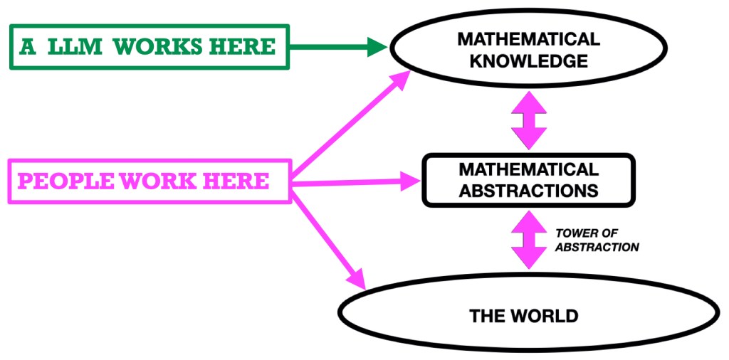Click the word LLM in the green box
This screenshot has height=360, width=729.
(79, 47)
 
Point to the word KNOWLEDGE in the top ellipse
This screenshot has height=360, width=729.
(528, 61)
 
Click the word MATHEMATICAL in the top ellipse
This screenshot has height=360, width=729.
(528, 40)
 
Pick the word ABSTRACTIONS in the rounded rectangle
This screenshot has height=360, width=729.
(528, 191)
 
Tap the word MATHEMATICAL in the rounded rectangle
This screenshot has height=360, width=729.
(528, 170)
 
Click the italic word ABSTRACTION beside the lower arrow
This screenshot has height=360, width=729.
(597, 247)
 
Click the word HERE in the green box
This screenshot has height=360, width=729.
(241, 47)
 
